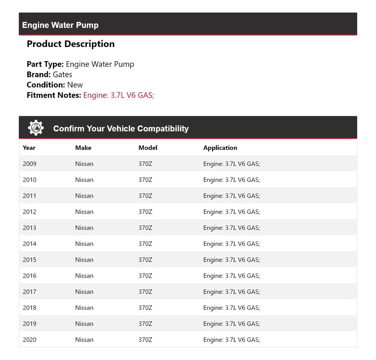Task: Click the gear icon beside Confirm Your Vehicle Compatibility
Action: [x=36, y=128]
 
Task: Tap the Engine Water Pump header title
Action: [x=60, y=25]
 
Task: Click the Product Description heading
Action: [x=70, y=44]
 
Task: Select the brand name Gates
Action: [x=63, y=75]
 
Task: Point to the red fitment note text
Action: [x=119, y=95]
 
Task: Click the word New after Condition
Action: [x=75, y=85]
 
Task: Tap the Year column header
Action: [x=29, y=148]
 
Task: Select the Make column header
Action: [x=83, y=148]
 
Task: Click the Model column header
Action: [x=148, y=148]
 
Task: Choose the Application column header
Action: [x=220, y=148]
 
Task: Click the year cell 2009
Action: [x=29, y=164]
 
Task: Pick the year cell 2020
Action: [x=29, y=340]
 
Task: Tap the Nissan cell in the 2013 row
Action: [x=84, y=228]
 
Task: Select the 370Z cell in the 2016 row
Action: [x=145, y=276]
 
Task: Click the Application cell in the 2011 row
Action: [x=231, y=196]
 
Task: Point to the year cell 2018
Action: [x=29, y=308]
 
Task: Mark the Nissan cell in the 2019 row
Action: [x=84, y=324]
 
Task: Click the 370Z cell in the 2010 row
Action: [x=145, y=180]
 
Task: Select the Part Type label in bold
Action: [x=45, y=64]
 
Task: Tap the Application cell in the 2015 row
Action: [x=231, y=260]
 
